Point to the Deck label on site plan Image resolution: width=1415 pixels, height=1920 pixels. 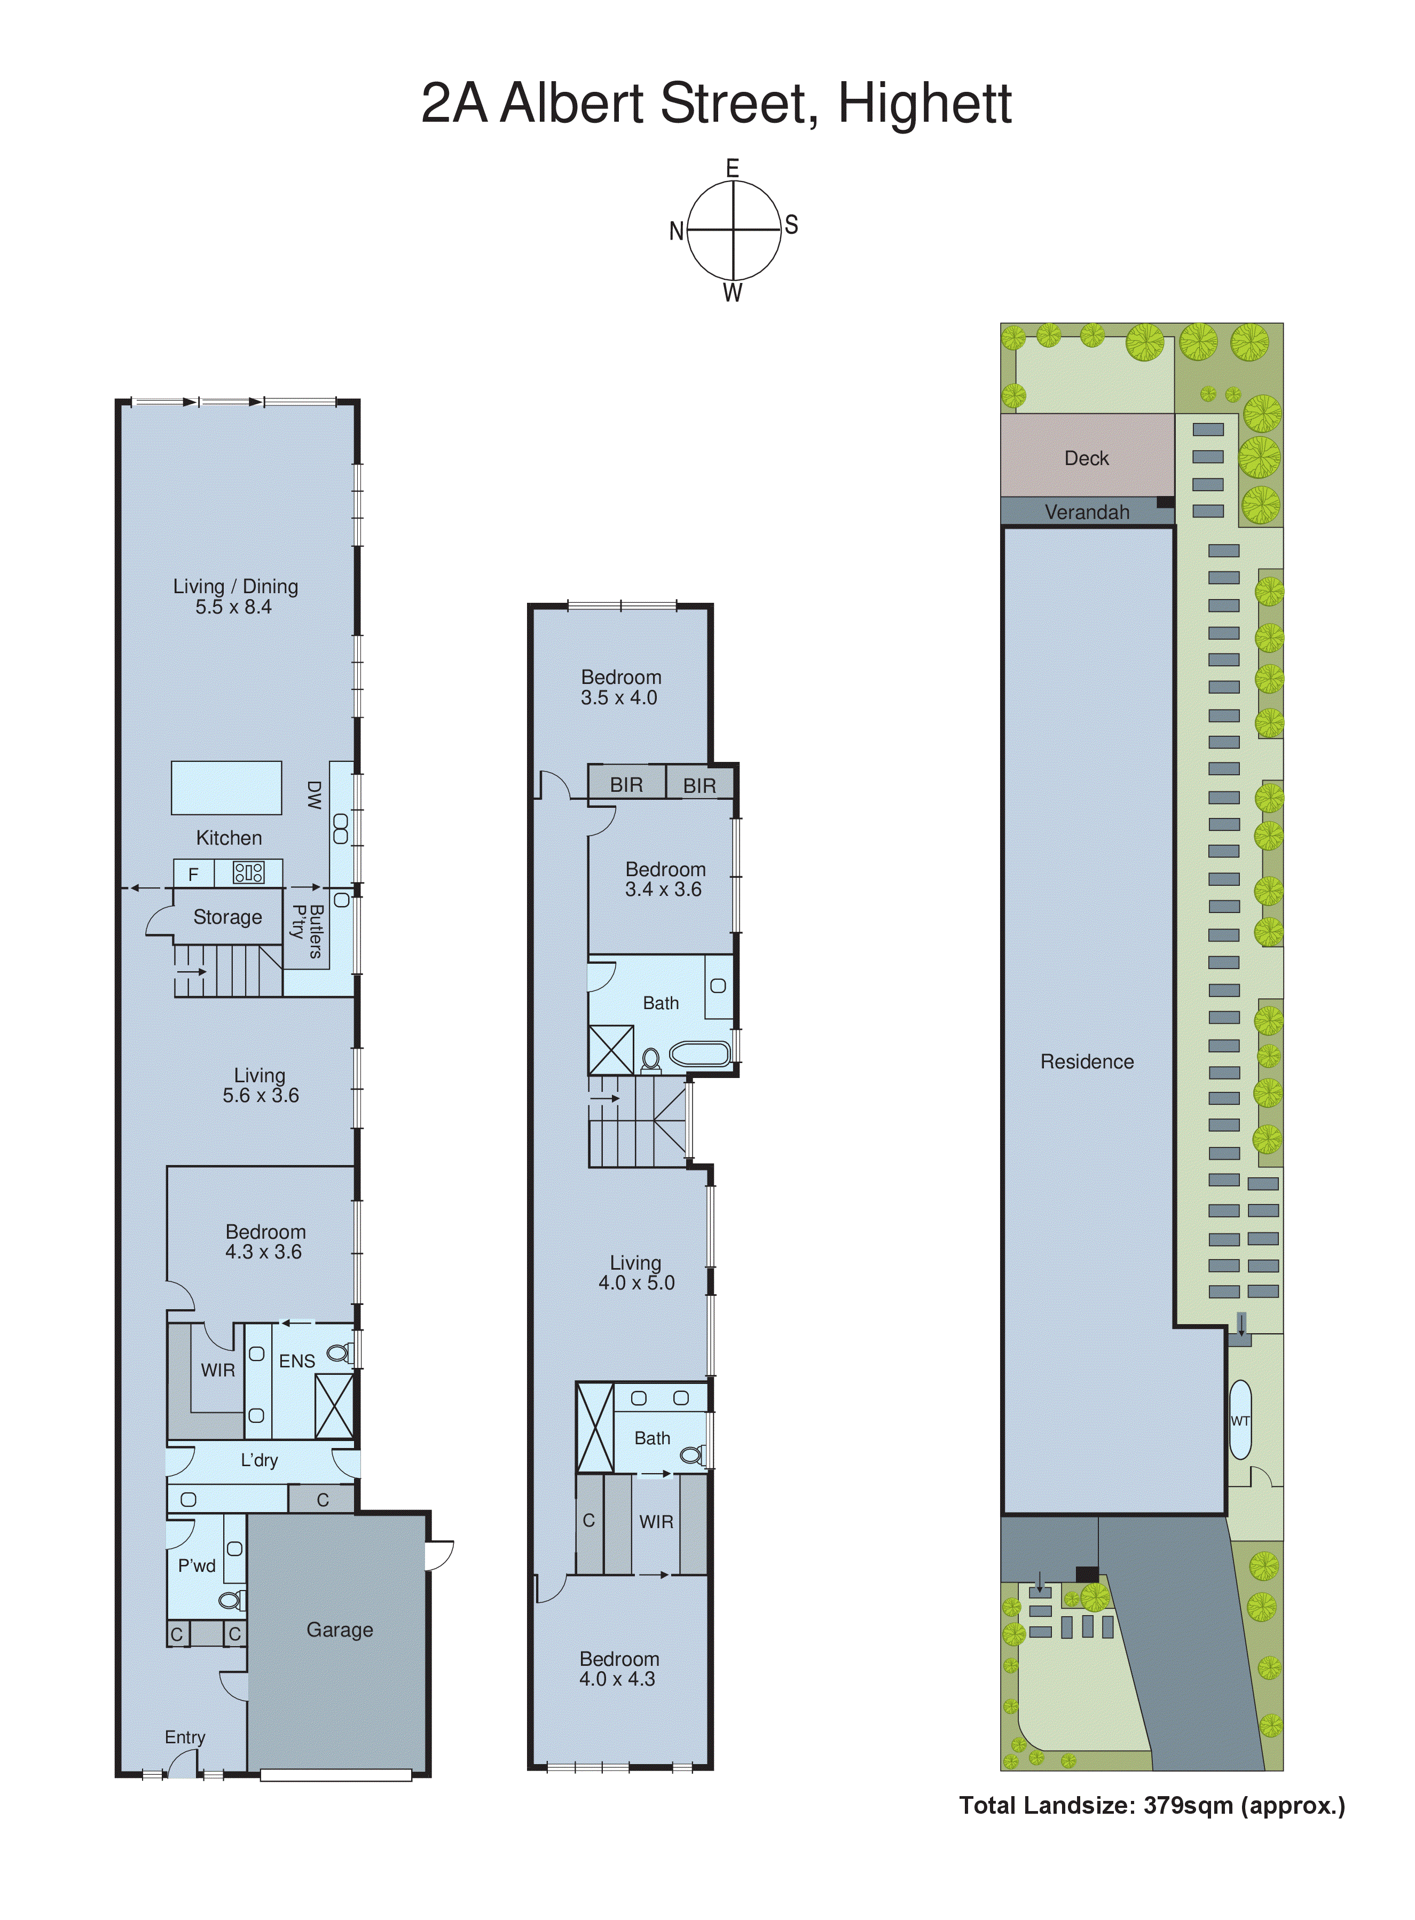pyautogui.click(x=1086, y=458)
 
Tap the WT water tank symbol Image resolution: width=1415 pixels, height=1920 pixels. pyautogui.click(x=1239, y=1421)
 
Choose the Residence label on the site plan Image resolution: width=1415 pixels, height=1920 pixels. pyautogui.click(x=1086, y=1062)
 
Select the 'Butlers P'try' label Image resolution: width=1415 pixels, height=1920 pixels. pyautogui.click(x=306, y=930)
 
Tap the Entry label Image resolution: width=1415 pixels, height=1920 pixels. pyautogui.click(x=185, y=1737)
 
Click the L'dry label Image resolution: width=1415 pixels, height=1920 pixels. pyautogui.click(x=258, y=1460)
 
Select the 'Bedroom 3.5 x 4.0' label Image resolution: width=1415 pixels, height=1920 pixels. pyautogui.click(x=620, y=687)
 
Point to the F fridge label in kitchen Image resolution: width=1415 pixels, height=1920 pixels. pyautogui.click(x=194, y=874)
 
